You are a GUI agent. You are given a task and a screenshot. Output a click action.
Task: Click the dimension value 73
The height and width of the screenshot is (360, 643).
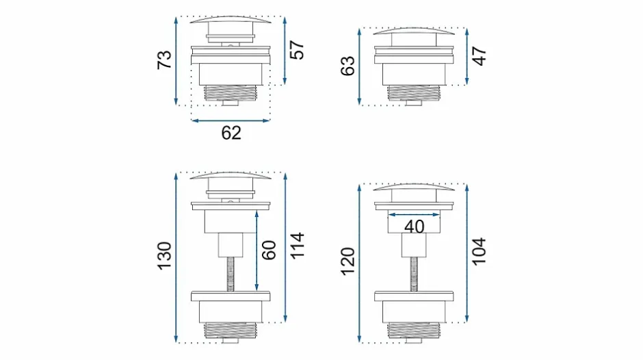pyautogui.click(x=164, y=60)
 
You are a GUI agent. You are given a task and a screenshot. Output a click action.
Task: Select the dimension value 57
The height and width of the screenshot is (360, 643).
pyautogui.click(x=298, y=50)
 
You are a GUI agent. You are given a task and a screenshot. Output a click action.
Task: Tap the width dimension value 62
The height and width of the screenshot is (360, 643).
pyautogui.click(x=231, y=133)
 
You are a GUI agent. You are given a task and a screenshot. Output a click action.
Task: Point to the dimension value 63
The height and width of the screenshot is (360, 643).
pyautogui.click(x=347, y=66)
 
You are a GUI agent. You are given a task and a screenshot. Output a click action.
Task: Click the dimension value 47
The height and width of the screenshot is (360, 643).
pyautogui.click(x=479, y=56)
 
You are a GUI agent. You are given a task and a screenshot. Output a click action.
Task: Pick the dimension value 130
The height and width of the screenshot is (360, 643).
pyautogui.click(x=164, y=256)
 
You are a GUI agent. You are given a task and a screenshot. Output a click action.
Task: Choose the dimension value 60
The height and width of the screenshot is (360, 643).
pyautogui.click(x=269, y=250)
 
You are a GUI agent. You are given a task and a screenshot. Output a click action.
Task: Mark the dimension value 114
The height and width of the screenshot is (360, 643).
pyautogui.click(x=298, y=246)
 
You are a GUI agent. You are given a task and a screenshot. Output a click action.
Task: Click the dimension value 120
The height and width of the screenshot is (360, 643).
pyautogui.click(x=347, y=261)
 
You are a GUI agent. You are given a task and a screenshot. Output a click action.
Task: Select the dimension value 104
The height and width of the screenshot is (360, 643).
pyautogui.click(x=479, y=251)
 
